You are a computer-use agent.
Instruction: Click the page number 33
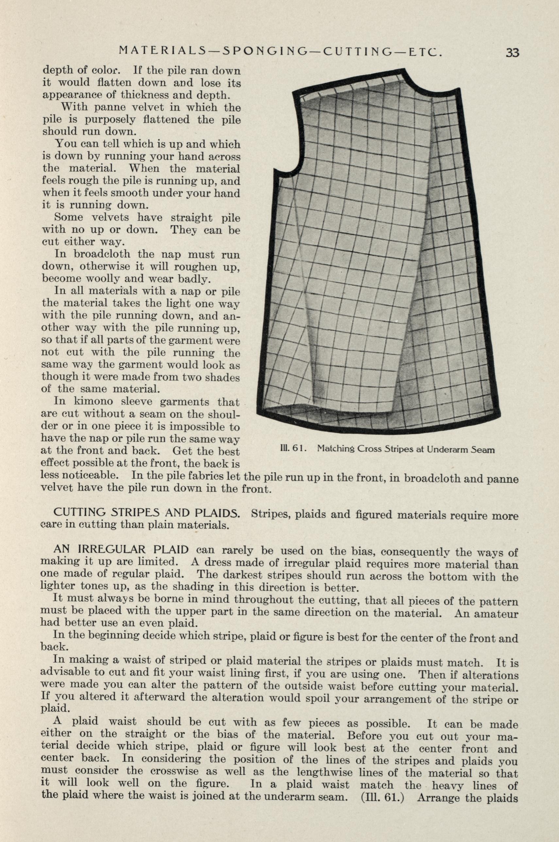(512, 53)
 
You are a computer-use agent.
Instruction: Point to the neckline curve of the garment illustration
(424, 84)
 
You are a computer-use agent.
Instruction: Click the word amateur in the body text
(497, 614)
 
